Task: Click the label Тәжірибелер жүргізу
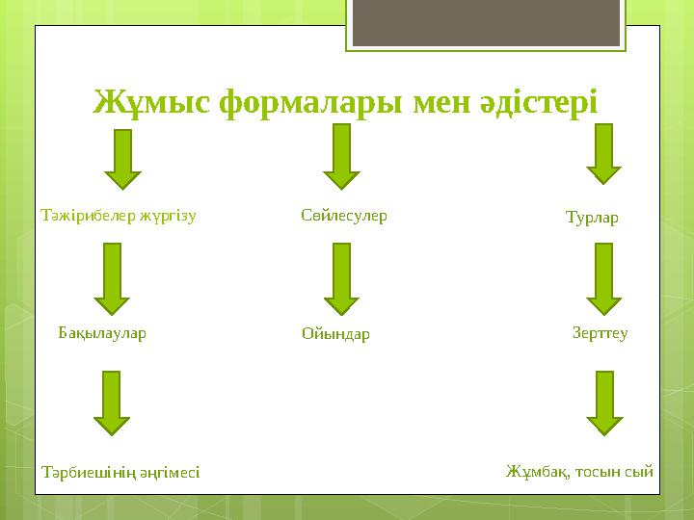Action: point(119,216)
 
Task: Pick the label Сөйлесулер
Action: point(344,216)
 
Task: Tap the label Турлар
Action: point(591,218)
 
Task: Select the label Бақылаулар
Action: point(102,333)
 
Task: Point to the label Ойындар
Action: point(335,335)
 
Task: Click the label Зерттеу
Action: point(600,333)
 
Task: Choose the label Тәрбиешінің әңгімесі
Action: point(121,472)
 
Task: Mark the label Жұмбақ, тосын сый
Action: point(579,471)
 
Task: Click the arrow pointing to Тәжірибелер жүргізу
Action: point(122,159)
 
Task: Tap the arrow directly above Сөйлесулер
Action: point(341,156)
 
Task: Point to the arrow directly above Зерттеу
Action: point(604,279)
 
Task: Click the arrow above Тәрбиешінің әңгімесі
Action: point(112,403)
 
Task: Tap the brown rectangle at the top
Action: point(485,24)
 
